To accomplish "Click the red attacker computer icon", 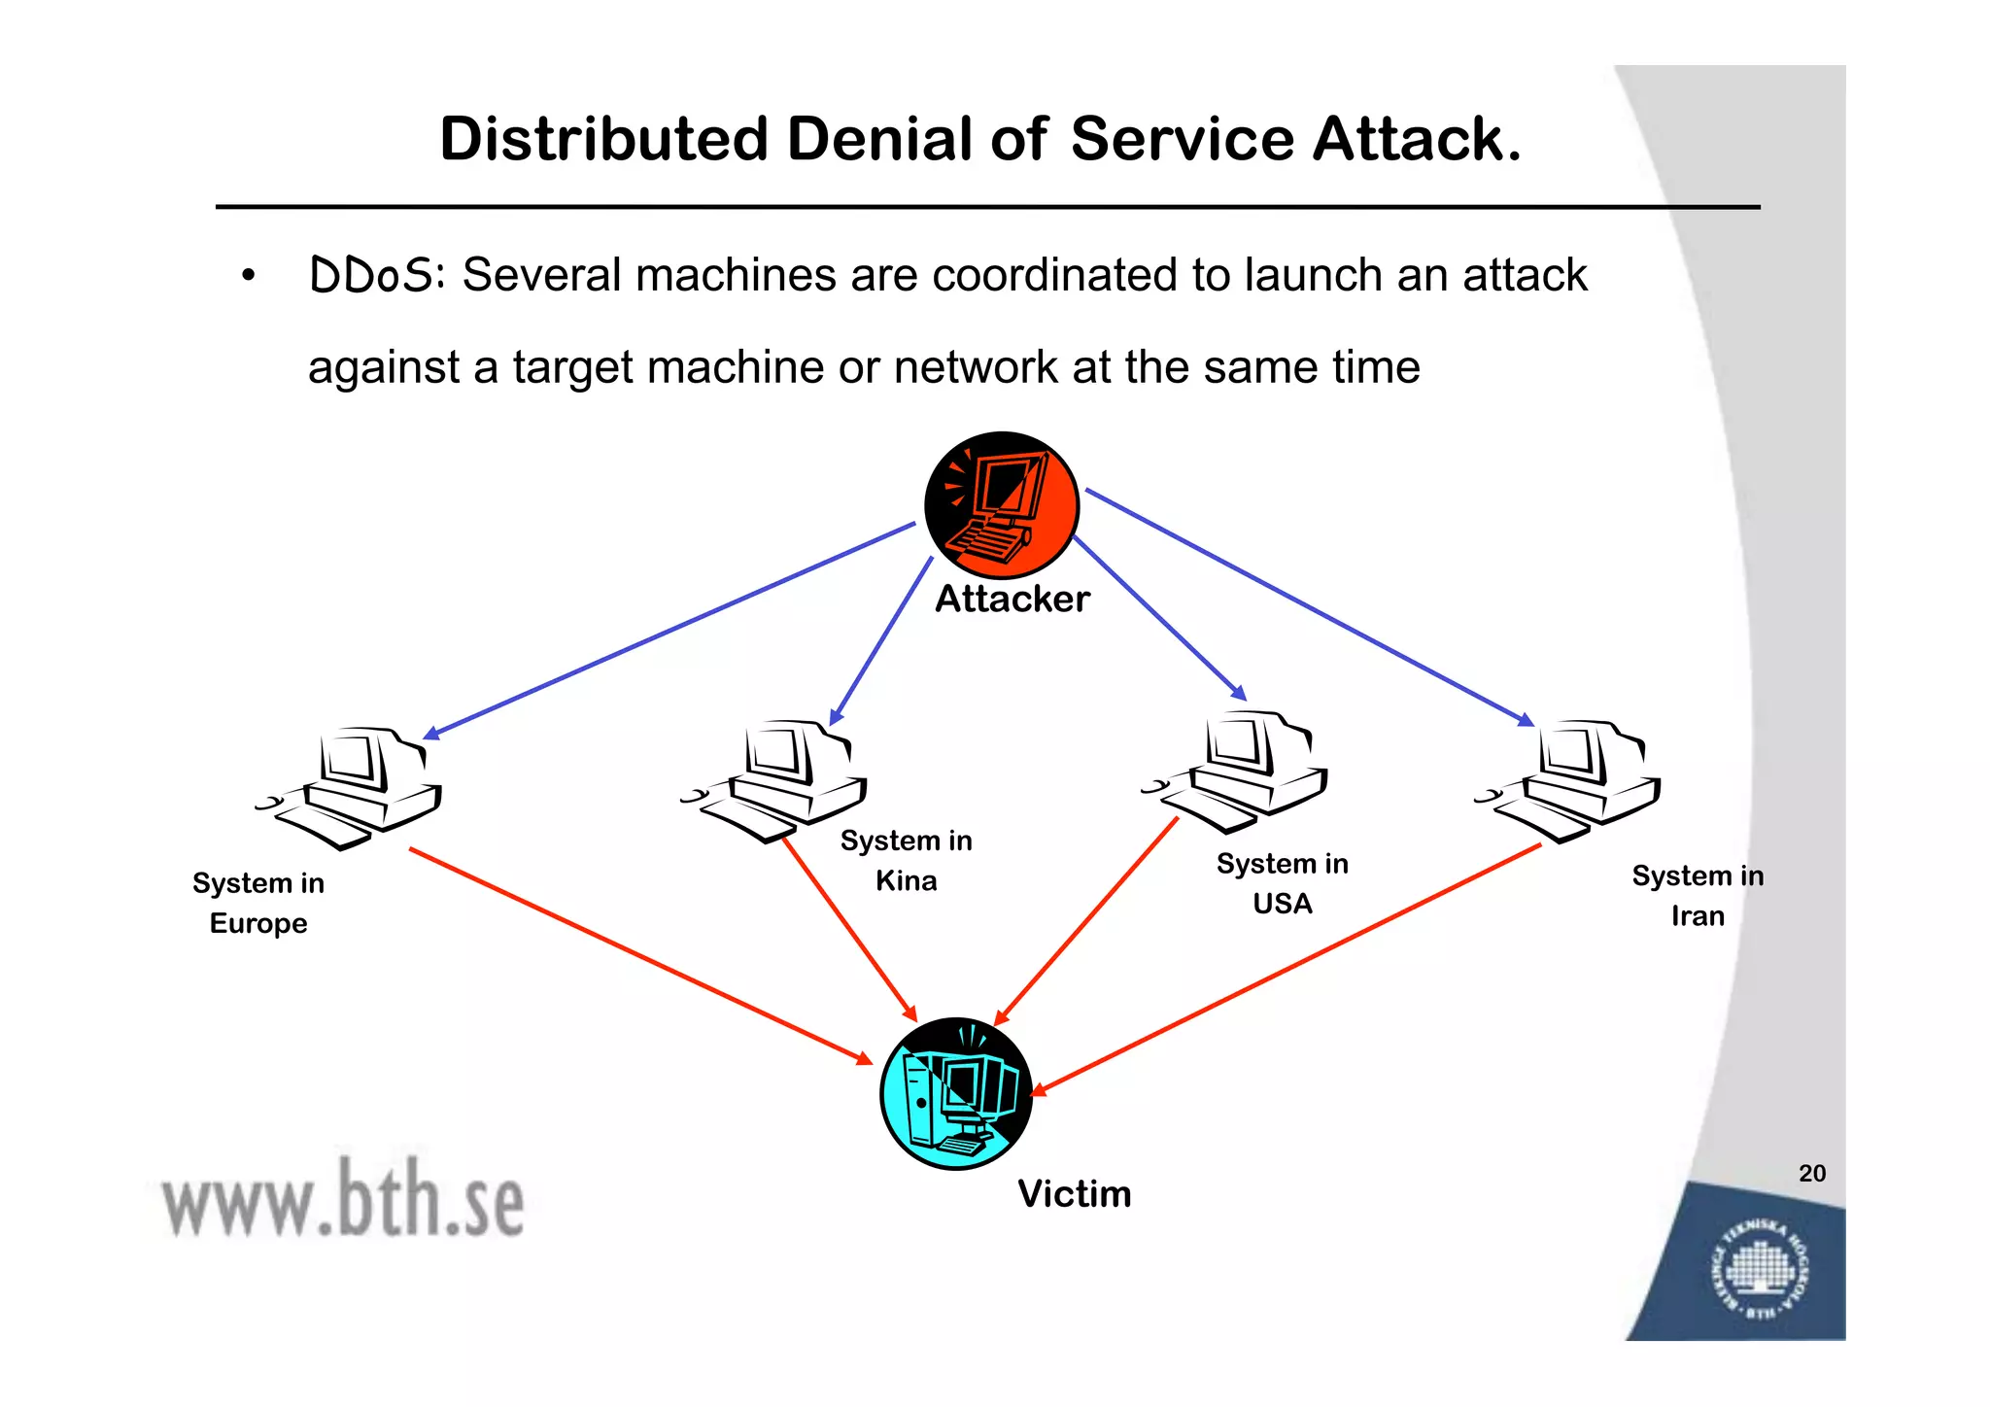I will point(1001,505).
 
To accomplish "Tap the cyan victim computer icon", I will point(955,1093).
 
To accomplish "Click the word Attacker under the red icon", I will point(1012,599).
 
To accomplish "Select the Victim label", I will point(1074,1193).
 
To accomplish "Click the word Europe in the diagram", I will point(258,923).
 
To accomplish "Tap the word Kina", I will point(906,880).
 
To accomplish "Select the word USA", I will point(1282,904).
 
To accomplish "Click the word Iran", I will point(1697,915).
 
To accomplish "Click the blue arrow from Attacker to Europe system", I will point(670,630).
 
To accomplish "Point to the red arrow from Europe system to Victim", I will point(641,956).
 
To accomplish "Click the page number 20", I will point(1811,1173).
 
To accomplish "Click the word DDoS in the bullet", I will point(371,275).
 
